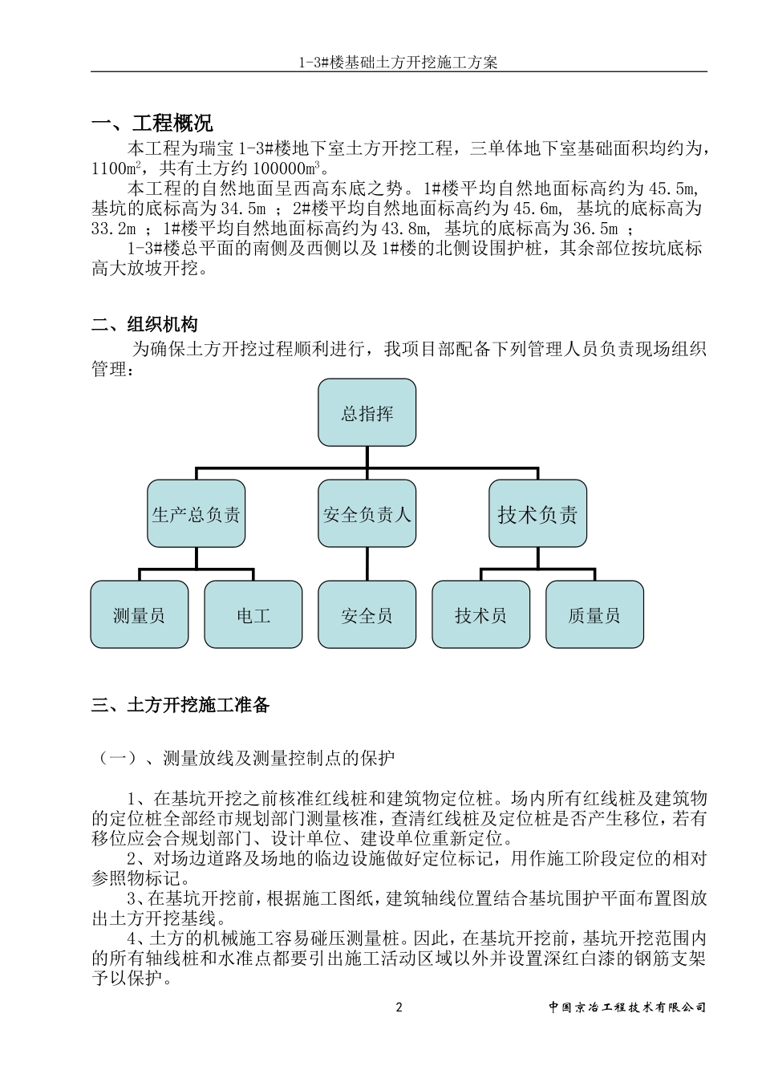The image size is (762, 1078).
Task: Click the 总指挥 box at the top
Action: pos(367,414)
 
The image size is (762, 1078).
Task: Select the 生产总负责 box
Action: pos(196,514)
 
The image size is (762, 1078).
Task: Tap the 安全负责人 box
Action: pos(367,514)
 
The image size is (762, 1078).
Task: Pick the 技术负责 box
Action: pos(537,514)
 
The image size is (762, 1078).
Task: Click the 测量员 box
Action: pos(140,615)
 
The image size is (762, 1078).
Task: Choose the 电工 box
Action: pos(253,615)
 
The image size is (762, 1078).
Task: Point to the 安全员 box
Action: pos(367,615)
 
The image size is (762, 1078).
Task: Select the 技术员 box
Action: pos(481,615)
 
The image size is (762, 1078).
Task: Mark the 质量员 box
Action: pos(594,615)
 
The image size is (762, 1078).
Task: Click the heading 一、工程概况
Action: pos(152,124)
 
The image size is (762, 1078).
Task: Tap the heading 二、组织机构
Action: pos(144,325)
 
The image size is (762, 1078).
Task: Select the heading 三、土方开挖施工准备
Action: pos(181,705)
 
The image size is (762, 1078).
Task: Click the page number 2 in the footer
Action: pos(399,1007)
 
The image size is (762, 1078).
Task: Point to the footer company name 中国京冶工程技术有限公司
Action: pos(627,1007)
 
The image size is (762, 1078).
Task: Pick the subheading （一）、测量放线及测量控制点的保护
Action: pos(245,758)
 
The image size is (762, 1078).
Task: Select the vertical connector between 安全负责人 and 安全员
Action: pos(367,565)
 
